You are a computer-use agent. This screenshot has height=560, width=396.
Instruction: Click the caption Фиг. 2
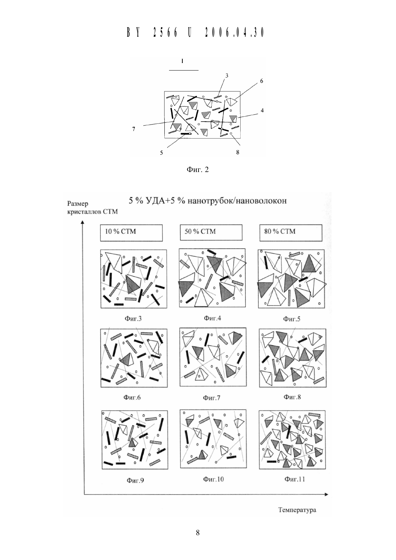[197, 170]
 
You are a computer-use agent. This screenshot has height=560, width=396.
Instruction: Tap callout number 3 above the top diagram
[227, 76]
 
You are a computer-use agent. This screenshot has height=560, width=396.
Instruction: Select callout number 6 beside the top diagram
[261, 81]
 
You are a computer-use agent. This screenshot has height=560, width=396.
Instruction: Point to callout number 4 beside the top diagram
[262, 110]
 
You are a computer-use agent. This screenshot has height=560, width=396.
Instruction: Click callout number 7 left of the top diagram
[134, 129]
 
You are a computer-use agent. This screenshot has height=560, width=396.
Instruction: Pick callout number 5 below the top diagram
[161, 153]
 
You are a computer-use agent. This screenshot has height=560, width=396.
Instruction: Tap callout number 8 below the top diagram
[238, 152]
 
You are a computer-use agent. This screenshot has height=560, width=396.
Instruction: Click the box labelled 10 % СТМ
[131, 233]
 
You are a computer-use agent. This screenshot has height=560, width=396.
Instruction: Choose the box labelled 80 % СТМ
[291, 232]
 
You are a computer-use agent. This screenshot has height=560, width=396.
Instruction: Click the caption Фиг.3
[133, 319]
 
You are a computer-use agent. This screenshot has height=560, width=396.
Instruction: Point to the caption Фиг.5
[291, 319]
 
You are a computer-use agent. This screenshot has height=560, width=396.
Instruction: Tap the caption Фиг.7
[211, 397]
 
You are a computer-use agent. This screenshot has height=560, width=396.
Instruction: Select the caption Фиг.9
[135, 480]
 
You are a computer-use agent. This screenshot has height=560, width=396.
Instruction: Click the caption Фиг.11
[295, 479]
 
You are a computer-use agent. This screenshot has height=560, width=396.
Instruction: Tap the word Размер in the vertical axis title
[78, 204]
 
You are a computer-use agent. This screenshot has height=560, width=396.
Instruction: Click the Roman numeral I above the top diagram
[182, 61]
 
